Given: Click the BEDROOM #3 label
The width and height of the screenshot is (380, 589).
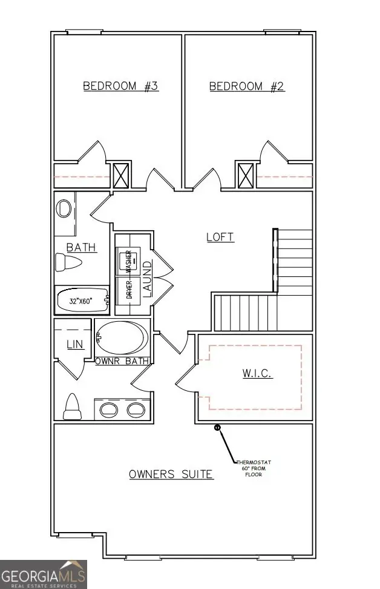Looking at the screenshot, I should click(x=120, y=87).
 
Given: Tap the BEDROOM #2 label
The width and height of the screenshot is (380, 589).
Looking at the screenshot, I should click(x=247, y=87).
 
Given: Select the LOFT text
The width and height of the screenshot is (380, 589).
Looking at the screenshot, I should click(x=220, y=237).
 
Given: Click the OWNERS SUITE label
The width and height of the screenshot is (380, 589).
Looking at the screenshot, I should click(x=171, y=474).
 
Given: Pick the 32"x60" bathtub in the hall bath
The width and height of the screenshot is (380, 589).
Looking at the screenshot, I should click(x=81, y=299).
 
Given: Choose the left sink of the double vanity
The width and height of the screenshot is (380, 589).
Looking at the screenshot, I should click(x=110, y=410).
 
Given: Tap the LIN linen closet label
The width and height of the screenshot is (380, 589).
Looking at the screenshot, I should click(x=74, y=344).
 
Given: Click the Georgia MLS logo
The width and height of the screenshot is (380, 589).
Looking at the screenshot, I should click(x=44, y=573).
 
